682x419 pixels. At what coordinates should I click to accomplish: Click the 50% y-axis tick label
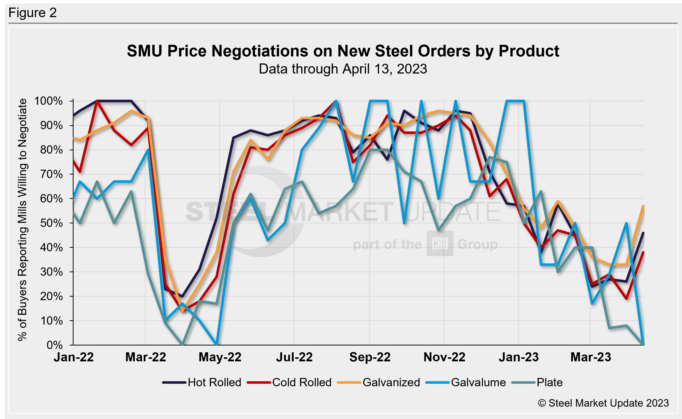click(x=51, y=223)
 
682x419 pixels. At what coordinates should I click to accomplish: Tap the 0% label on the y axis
click(x=54, y=345)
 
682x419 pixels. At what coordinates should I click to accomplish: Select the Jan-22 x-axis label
click(x=74, y=357)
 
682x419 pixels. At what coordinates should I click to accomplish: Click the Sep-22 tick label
click(x=370, y=357)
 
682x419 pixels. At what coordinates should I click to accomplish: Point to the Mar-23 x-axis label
click(x=591, y=357)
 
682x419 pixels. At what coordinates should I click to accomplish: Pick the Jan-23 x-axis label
click(x=519, y=357)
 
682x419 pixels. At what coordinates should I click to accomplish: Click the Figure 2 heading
click(x=33, y=13)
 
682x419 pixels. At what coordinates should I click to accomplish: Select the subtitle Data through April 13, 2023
click(x=343, y=69)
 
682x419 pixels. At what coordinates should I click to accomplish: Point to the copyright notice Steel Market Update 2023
click(x=603, y=403)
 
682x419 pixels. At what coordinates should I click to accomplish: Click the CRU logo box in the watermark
click(x=440, y=243)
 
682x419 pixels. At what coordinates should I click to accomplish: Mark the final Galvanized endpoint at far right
click(x=643, y=206)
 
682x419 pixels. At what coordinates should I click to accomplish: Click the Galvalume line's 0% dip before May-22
click(x=216, y=344)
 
